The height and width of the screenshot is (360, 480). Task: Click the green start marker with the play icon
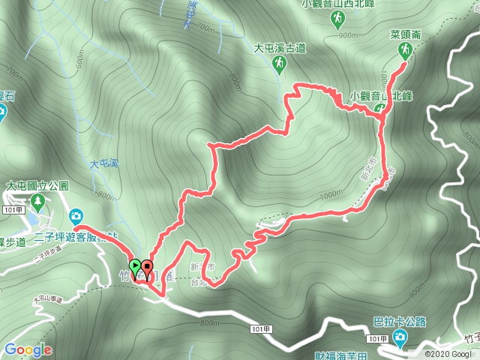(x=135, y=265)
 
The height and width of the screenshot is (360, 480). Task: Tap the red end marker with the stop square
(x=147, y=265)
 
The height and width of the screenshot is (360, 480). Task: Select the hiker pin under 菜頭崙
(x=405, y=49)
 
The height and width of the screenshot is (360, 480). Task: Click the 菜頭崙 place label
(x=405, y=34)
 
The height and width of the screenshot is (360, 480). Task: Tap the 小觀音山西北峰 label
(x=339, y=4)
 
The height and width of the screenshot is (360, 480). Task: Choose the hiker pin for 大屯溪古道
(x=279, y=64)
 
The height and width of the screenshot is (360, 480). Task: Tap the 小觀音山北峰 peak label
(x=382, y=95)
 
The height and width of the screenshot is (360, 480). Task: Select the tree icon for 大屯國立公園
(x=37, y=201)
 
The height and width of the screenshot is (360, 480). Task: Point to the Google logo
(x=28, y=349)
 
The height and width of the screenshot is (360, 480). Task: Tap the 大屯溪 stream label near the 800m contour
(x=104, y=163)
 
